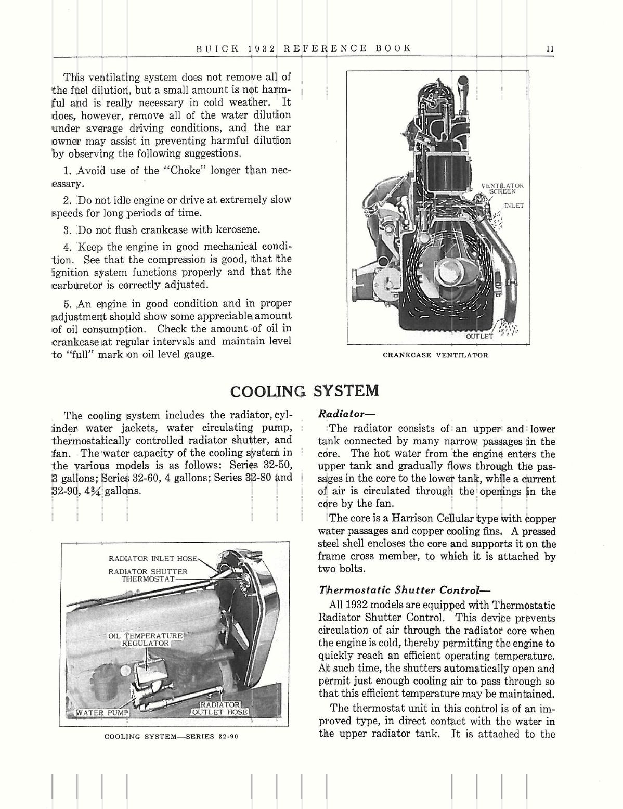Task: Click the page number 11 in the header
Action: coord(550,48)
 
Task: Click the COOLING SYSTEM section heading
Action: coord(304,391)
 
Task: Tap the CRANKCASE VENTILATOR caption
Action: coord(435,355)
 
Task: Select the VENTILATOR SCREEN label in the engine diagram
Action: coord(501,188)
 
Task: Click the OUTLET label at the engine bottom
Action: coord(479,336)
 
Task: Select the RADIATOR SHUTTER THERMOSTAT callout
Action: coord(148,575)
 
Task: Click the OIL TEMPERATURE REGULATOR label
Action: coord(146,639)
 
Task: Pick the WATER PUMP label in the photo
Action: coord(102,712)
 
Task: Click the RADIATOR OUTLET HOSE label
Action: coord(219,709)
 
